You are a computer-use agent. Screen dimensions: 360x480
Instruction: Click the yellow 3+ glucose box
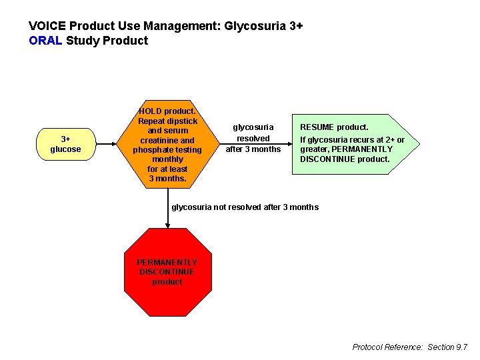pos(65,144)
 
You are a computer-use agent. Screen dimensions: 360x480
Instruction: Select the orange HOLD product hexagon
pos(167,145)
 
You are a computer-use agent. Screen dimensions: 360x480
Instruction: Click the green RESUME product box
pos(349,143)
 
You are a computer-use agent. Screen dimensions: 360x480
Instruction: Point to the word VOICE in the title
pos(47,27)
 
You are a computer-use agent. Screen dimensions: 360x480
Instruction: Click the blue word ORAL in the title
pos(46,41)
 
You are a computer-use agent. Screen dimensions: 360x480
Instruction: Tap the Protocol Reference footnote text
pos(409,347)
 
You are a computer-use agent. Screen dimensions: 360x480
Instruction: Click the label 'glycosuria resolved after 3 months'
pos(253,138)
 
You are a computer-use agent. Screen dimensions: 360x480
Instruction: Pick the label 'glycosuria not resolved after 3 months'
pos(245,207)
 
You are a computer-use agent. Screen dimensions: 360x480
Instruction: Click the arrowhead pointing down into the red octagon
pos(167,225)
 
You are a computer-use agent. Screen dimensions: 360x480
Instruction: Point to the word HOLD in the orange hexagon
pos(151,111)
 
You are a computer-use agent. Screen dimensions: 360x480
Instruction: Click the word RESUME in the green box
pos(317,127)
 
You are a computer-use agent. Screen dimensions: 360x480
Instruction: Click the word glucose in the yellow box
pos(65,149)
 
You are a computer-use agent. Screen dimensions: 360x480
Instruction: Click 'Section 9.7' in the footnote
pos(447,347)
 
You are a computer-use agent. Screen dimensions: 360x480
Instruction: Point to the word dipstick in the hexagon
pos(182,121)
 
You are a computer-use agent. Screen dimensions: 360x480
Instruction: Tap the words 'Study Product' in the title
pos(107,41)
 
